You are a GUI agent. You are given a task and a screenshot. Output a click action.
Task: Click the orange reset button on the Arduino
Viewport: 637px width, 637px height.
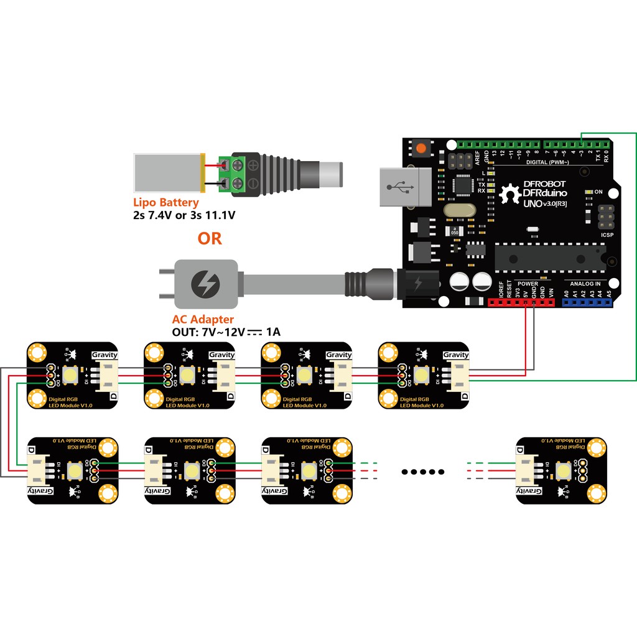[x=422, y=149]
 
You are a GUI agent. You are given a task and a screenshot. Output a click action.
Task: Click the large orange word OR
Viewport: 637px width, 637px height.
[x=209, y=238]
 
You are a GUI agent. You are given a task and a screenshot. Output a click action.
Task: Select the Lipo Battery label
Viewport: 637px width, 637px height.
[x=166, y=202]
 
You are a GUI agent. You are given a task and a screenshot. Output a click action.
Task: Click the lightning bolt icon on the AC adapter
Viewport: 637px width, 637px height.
[x=204, y=284]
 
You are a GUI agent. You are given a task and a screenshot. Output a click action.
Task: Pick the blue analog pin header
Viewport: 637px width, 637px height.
[x=587, y=303]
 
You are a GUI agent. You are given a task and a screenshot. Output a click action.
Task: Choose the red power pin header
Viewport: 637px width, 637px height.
[x=521, y=303]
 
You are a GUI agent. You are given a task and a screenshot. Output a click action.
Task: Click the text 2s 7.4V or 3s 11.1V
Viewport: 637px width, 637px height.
[x=185, y=215]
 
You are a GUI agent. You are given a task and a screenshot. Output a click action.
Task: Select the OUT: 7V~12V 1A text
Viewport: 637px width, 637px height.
[x=226, y=332]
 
